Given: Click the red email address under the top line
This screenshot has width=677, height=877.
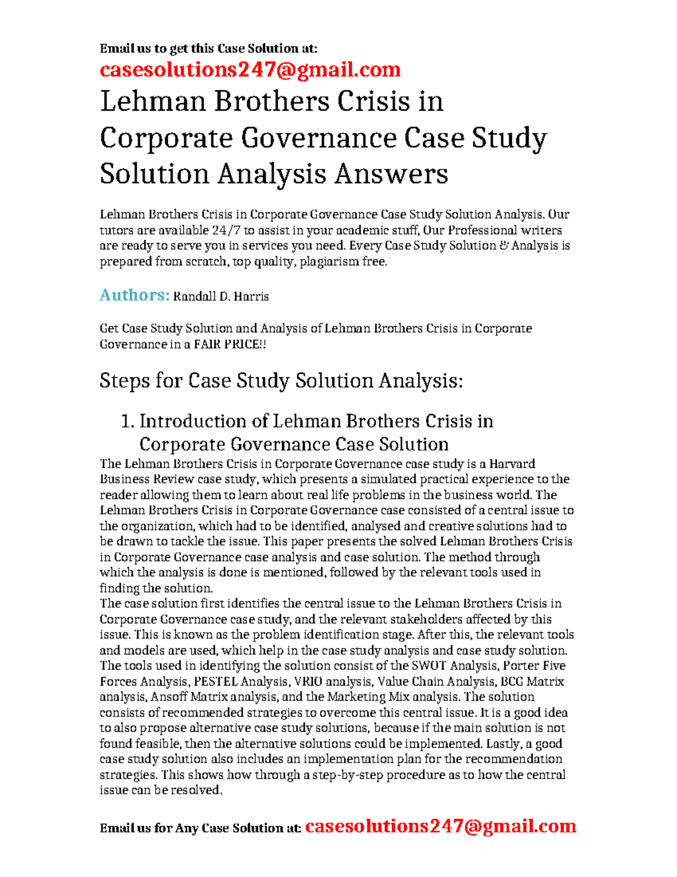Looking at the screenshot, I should click(x=250, y=70).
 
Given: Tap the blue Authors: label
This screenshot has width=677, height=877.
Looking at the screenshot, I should click(x=134, y=295).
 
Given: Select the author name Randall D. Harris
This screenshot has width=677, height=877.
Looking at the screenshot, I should click(x=221, y=296).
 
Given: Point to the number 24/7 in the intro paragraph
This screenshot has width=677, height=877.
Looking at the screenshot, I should click(x=226, y=230).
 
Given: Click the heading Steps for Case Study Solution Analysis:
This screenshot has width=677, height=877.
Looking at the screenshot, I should click(x=281, y=381).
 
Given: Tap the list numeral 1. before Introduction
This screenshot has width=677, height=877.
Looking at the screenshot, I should click(x=128, y=421).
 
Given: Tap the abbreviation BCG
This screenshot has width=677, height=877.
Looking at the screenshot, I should click(x=512, y=682).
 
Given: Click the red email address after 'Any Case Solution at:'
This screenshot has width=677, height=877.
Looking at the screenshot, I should click(x=441, y=827).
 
